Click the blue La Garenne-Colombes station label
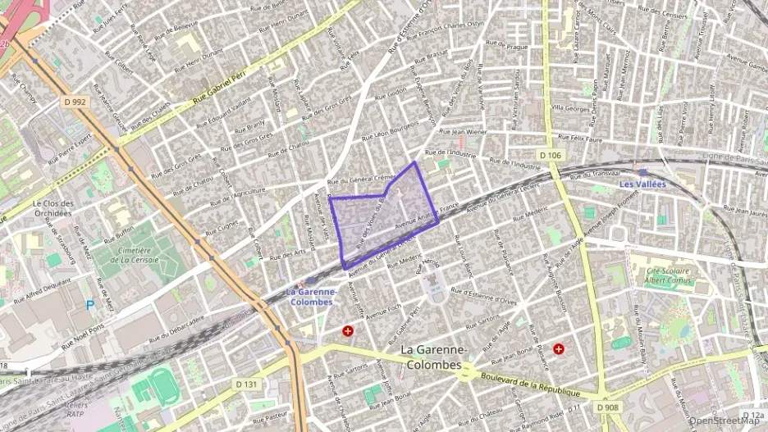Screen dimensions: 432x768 tap(311, 296)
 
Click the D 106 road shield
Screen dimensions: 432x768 tap(550, 154)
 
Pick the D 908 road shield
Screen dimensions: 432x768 tap(608, 407)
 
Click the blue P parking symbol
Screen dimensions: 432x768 tap(90, 305)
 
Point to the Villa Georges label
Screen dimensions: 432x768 tap(570, 107)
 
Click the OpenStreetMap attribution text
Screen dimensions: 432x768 tap(726, 421)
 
